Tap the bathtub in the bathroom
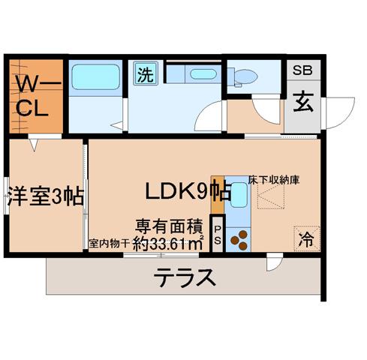[95, 76]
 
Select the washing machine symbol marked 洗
[146, 73]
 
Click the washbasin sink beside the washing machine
[203, 74]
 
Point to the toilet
[242, 76]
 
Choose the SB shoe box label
[302, 70]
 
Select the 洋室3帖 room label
[46, 197]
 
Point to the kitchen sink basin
[239, 194]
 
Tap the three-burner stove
[239, 240]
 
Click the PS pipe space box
[218, 235]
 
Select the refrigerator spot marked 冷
[307, 239]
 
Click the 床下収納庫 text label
[274, 180]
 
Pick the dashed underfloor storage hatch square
[271, 197]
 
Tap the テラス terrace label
[185, 277]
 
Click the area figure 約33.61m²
[167, 244]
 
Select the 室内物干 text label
[109, 244]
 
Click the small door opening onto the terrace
[275, 262]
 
